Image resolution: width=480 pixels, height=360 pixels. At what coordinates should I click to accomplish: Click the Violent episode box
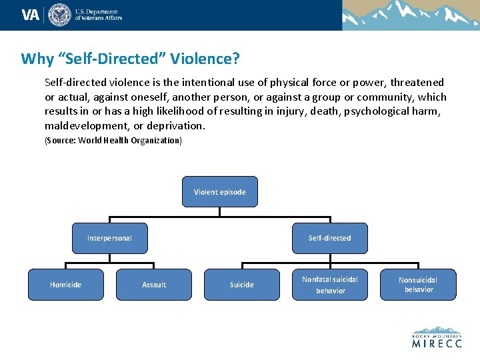219,192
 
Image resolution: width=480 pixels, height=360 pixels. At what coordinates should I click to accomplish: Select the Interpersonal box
109,238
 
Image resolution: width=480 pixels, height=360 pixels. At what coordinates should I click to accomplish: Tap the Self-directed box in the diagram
329,238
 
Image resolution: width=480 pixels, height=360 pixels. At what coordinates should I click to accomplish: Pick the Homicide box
65,285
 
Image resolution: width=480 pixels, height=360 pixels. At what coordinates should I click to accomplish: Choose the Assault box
154,285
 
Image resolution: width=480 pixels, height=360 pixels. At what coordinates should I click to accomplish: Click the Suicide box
241,285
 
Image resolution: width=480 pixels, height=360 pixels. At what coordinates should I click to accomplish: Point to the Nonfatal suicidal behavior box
330,285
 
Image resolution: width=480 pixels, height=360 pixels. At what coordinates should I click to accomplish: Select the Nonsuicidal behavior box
418,285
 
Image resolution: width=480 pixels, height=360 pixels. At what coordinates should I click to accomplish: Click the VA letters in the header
31,15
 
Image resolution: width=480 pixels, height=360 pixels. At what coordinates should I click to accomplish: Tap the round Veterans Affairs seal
59,15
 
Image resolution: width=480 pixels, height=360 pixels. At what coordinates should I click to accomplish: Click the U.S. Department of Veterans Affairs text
98,15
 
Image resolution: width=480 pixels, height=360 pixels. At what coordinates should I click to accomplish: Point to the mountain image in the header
411,15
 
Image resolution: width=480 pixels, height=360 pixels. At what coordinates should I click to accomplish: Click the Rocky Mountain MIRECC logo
437,337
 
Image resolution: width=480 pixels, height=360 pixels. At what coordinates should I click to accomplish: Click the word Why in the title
37,59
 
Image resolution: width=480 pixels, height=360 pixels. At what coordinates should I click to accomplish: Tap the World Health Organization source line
113,141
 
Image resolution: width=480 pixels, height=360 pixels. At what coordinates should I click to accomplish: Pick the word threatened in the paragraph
417,83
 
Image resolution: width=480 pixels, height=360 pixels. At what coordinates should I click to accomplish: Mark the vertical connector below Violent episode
219,211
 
